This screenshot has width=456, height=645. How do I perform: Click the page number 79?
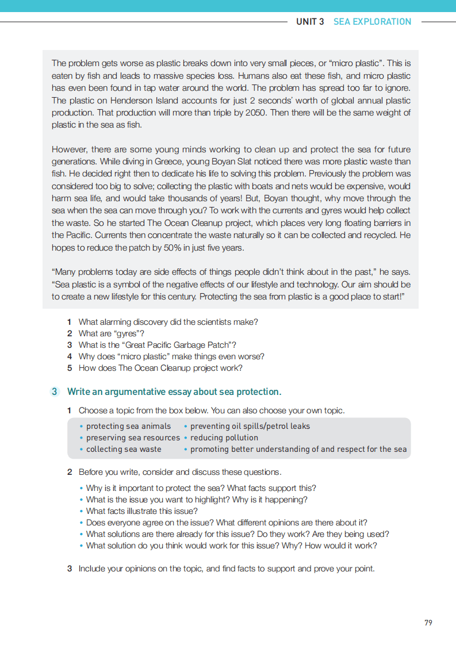(x=428, y=623)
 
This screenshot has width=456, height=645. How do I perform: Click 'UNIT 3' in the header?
(x=310, y=22)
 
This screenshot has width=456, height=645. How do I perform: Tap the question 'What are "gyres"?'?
(x=112, y=333)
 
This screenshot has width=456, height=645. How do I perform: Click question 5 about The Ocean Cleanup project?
(x=160, y=368)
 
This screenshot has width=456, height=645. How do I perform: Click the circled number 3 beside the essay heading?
(x=54, y=392)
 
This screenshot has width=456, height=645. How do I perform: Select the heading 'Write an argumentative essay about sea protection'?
(x=174, y=392)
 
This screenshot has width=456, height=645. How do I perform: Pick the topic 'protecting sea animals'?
(x=128, y=427)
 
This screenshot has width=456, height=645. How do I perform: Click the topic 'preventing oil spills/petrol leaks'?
(x=250, y=427)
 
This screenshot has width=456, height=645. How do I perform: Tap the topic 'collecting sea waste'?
(x=124, y=450)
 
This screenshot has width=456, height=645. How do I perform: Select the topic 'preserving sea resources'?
(x=133, y=438)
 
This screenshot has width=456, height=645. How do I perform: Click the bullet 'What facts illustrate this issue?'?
(x=141, y=511)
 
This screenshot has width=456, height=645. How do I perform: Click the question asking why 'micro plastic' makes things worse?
(x=171, y=356)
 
